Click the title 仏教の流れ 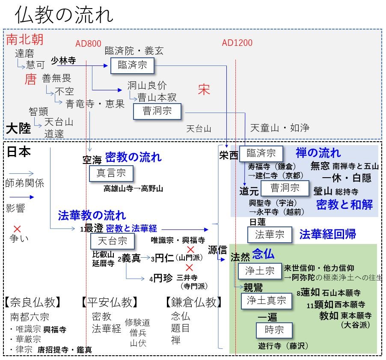click(x=64, y=16)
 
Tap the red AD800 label click(x=88, y=43)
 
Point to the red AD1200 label click(x=237, y=43)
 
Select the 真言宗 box click(x=111, y=174)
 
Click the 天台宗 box click(x=112, y=241)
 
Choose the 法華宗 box click(x=270, y=234)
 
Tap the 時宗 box click(x=274, y=330)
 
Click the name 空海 click(x=92, y=160)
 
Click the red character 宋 click(x=204, y=89)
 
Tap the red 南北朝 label click(x=25, y=40)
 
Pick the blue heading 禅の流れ click(x=318, y=152)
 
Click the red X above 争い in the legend click(x=17, y=229)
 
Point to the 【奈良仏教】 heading click(x=33, y=302)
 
